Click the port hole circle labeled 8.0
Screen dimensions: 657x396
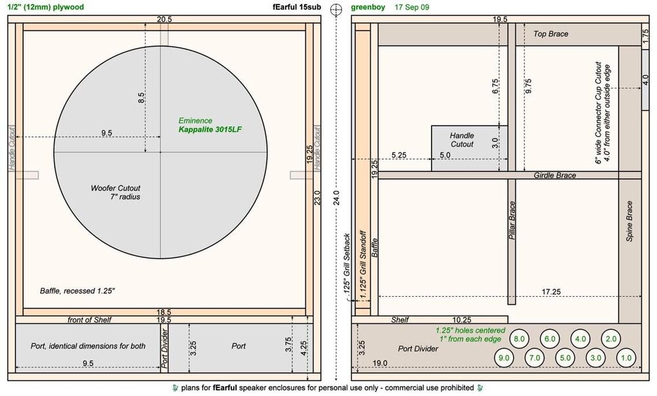click(x=519, y=339)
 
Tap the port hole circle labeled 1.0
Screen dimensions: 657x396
click(x=626, y=358)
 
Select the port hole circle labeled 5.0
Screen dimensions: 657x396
click(x=565, y=358)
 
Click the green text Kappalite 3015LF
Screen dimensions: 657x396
click(x=210, y=129)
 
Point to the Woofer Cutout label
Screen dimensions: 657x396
click(x=116, y=188)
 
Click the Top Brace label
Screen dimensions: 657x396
click(x=551, y=34)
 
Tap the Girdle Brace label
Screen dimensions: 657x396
click(x=555, y=175)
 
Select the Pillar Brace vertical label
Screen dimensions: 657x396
click(x=512, y=220)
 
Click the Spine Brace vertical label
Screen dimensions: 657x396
click(x=629, y=221)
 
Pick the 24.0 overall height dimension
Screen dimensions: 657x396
click(x=336, y=198)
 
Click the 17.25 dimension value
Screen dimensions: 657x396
click(x=551, y=292)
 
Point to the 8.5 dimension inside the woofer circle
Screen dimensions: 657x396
click(x=142, y=98)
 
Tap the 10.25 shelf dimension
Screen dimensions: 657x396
click(x=462, y=320)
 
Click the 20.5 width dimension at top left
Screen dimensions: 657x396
click(x=164, y=19)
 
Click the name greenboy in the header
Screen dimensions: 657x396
click(x=368, y=7)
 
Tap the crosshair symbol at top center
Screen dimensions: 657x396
click(x=336, y=9)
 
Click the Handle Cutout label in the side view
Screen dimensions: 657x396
click(x=462, y=140)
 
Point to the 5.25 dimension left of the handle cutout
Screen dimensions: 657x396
click(x=399, y=155)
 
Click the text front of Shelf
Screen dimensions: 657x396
click(x=89, y=320)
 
